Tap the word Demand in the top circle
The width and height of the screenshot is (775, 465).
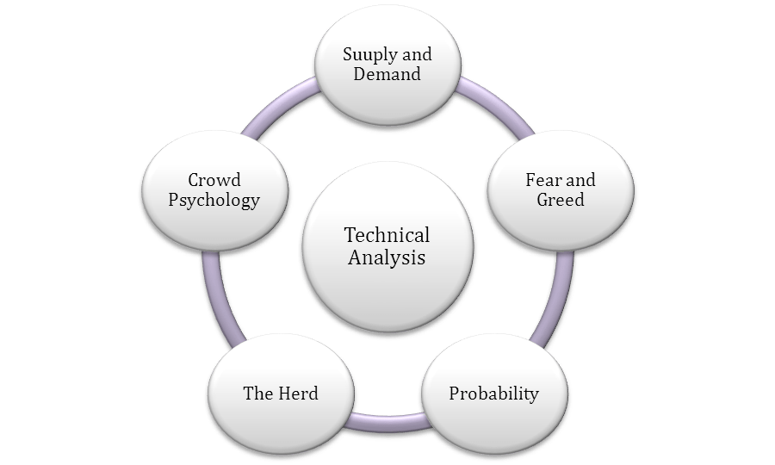(x=387, y=74)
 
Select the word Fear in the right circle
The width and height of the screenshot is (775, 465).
(x=542, y=181)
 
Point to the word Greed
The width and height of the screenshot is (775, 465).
(x=561, y=200)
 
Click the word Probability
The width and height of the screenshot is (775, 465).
(x=493, y=394)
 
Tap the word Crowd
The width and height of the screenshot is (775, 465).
(x=214, y=181)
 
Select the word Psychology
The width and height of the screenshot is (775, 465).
(x=214, y=201)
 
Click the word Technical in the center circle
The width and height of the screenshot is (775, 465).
(x=387, y=235)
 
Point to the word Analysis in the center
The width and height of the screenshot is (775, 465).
(x=387, y=257)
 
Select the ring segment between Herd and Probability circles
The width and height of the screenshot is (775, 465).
(x=387, y=422)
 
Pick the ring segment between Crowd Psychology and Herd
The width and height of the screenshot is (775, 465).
(x=213, y=297)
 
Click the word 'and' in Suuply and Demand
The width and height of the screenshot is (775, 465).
(x=416, y=55)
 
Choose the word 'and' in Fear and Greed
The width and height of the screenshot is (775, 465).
(x=580, y=181)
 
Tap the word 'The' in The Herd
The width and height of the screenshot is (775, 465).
(x=257, y=394)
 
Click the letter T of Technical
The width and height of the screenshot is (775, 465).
(x=350, y=235)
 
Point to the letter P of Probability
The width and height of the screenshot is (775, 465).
(x=455, y=394)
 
